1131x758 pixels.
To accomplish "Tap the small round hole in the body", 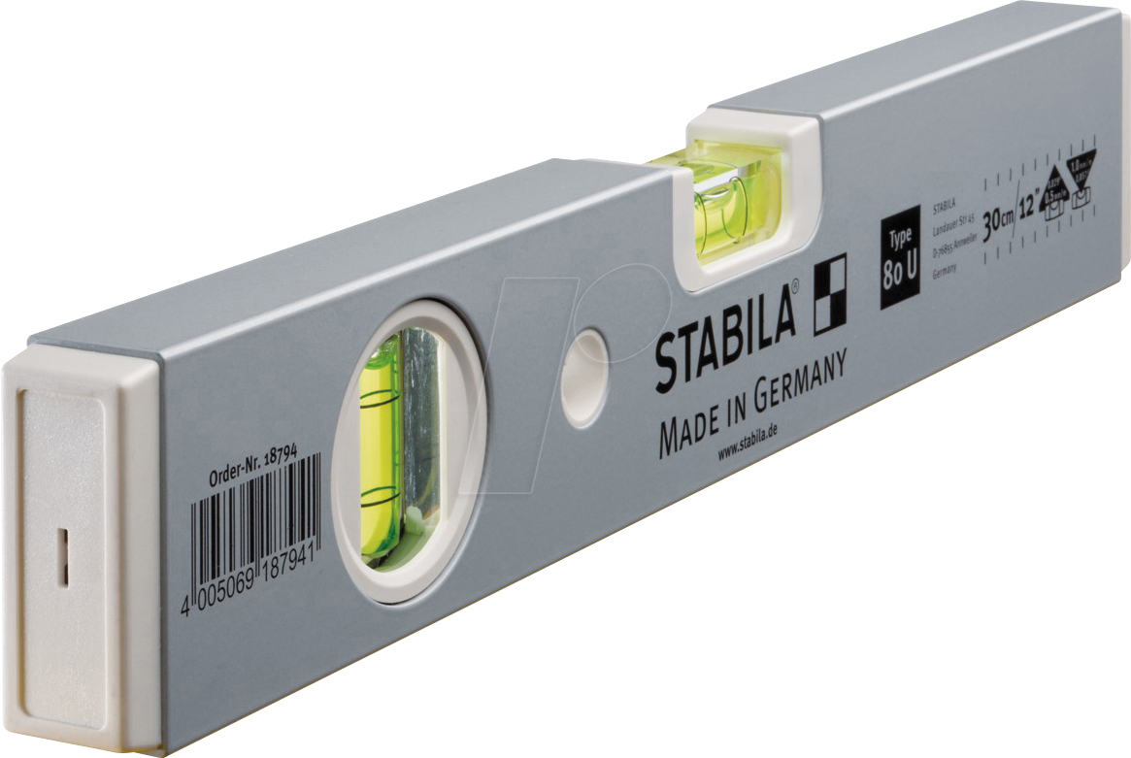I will click(585, 376).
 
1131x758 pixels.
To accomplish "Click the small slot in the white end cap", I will click(60, 558).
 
